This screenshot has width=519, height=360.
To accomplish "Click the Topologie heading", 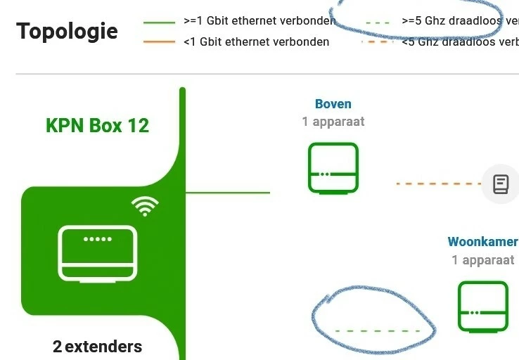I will click(67, 32).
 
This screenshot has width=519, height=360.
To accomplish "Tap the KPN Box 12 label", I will click(97, 126).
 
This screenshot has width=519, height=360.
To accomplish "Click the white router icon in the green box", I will click(97, 253).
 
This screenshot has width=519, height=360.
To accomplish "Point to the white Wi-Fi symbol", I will click(146, 206).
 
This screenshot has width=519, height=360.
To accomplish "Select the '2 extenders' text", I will click(97, 347).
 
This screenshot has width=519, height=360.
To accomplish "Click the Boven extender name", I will click(333, 104).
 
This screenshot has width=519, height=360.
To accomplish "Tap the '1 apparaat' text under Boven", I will click(333, 122).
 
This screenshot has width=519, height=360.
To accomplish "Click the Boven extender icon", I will click(333, 167).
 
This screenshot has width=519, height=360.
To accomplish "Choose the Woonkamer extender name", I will click(482, 242).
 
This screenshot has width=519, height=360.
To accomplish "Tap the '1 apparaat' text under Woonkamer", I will click(482, 260).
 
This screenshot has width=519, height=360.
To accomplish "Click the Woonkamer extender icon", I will click(482, 306).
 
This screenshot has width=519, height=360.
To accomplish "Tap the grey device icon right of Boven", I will click(500, 184).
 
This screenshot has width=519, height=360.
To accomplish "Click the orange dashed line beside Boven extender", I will click(437, 184).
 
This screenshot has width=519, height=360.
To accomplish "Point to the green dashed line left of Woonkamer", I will click(378, 330).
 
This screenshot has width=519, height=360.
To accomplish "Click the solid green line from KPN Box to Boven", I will click(227, 192).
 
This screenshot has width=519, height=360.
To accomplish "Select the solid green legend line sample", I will click(159, 22).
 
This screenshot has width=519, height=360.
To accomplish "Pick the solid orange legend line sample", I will click(159, 42).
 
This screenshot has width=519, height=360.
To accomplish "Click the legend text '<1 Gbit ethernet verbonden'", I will click(256, 42).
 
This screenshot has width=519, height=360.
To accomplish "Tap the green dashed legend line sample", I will click(378, 22).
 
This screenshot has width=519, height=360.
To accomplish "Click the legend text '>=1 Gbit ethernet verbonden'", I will click(257, 21).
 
